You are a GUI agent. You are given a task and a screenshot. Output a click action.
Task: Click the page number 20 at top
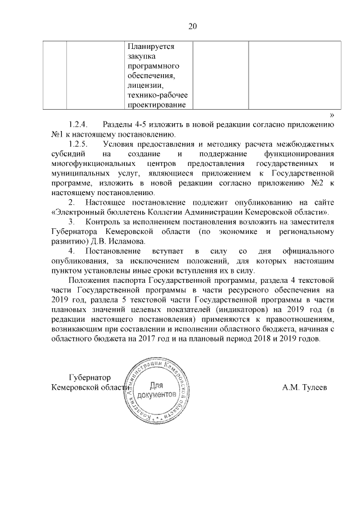(x=180, y=26)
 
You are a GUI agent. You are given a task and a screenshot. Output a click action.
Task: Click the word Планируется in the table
(x=152, y=47)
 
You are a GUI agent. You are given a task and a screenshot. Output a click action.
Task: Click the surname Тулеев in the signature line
(x=306, y=388)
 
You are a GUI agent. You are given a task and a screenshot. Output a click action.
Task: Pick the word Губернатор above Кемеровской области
(x=89, y=377)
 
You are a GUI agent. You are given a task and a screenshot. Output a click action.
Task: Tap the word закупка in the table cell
(x=142, y=56)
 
